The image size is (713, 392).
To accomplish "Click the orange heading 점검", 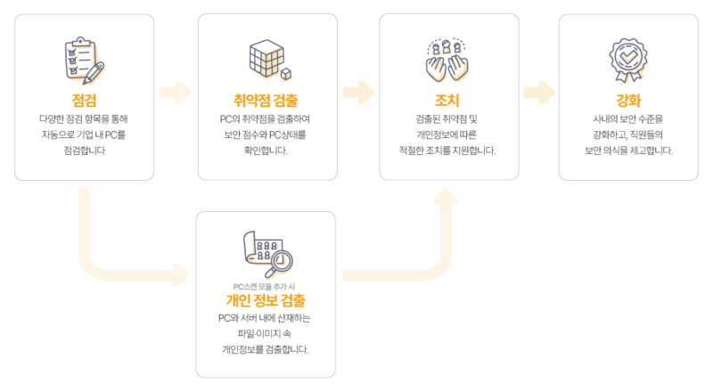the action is click(x=84, y=100).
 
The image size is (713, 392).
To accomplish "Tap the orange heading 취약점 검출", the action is click(x=266, y=100).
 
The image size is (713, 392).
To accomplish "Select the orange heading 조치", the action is click(x=447, y=100).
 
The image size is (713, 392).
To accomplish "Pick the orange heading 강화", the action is click(x=628, y=100).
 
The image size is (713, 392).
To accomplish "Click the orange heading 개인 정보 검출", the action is click(x=266, y=300).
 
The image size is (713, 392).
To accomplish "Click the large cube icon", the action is click(x=266, y=57).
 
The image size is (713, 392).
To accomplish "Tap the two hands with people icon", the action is click(x=447, y=61).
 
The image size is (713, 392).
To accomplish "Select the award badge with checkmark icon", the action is click(x=628, y=60).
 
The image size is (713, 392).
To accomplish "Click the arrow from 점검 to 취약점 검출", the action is click(x=175, y=93).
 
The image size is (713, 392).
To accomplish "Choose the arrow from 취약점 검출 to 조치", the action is click(x=358, y=93).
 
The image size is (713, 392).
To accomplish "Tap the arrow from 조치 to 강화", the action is click(x=539, y=93).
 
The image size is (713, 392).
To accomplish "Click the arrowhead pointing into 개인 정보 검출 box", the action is click(x=181, y=275).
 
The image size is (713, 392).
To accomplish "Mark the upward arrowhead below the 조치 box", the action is click(x=446, y=195).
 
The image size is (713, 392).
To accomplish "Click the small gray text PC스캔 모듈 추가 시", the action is click(x=264, y=287).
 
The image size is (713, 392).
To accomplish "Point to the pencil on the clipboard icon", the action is click(x=94, y=73).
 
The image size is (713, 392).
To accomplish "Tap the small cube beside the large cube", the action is click(x=286, y=74).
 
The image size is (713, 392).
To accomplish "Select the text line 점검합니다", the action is click(x=85, y=151).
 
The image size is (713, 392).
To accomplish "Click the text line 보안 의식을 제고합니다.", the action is click(x=628, y=151).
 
